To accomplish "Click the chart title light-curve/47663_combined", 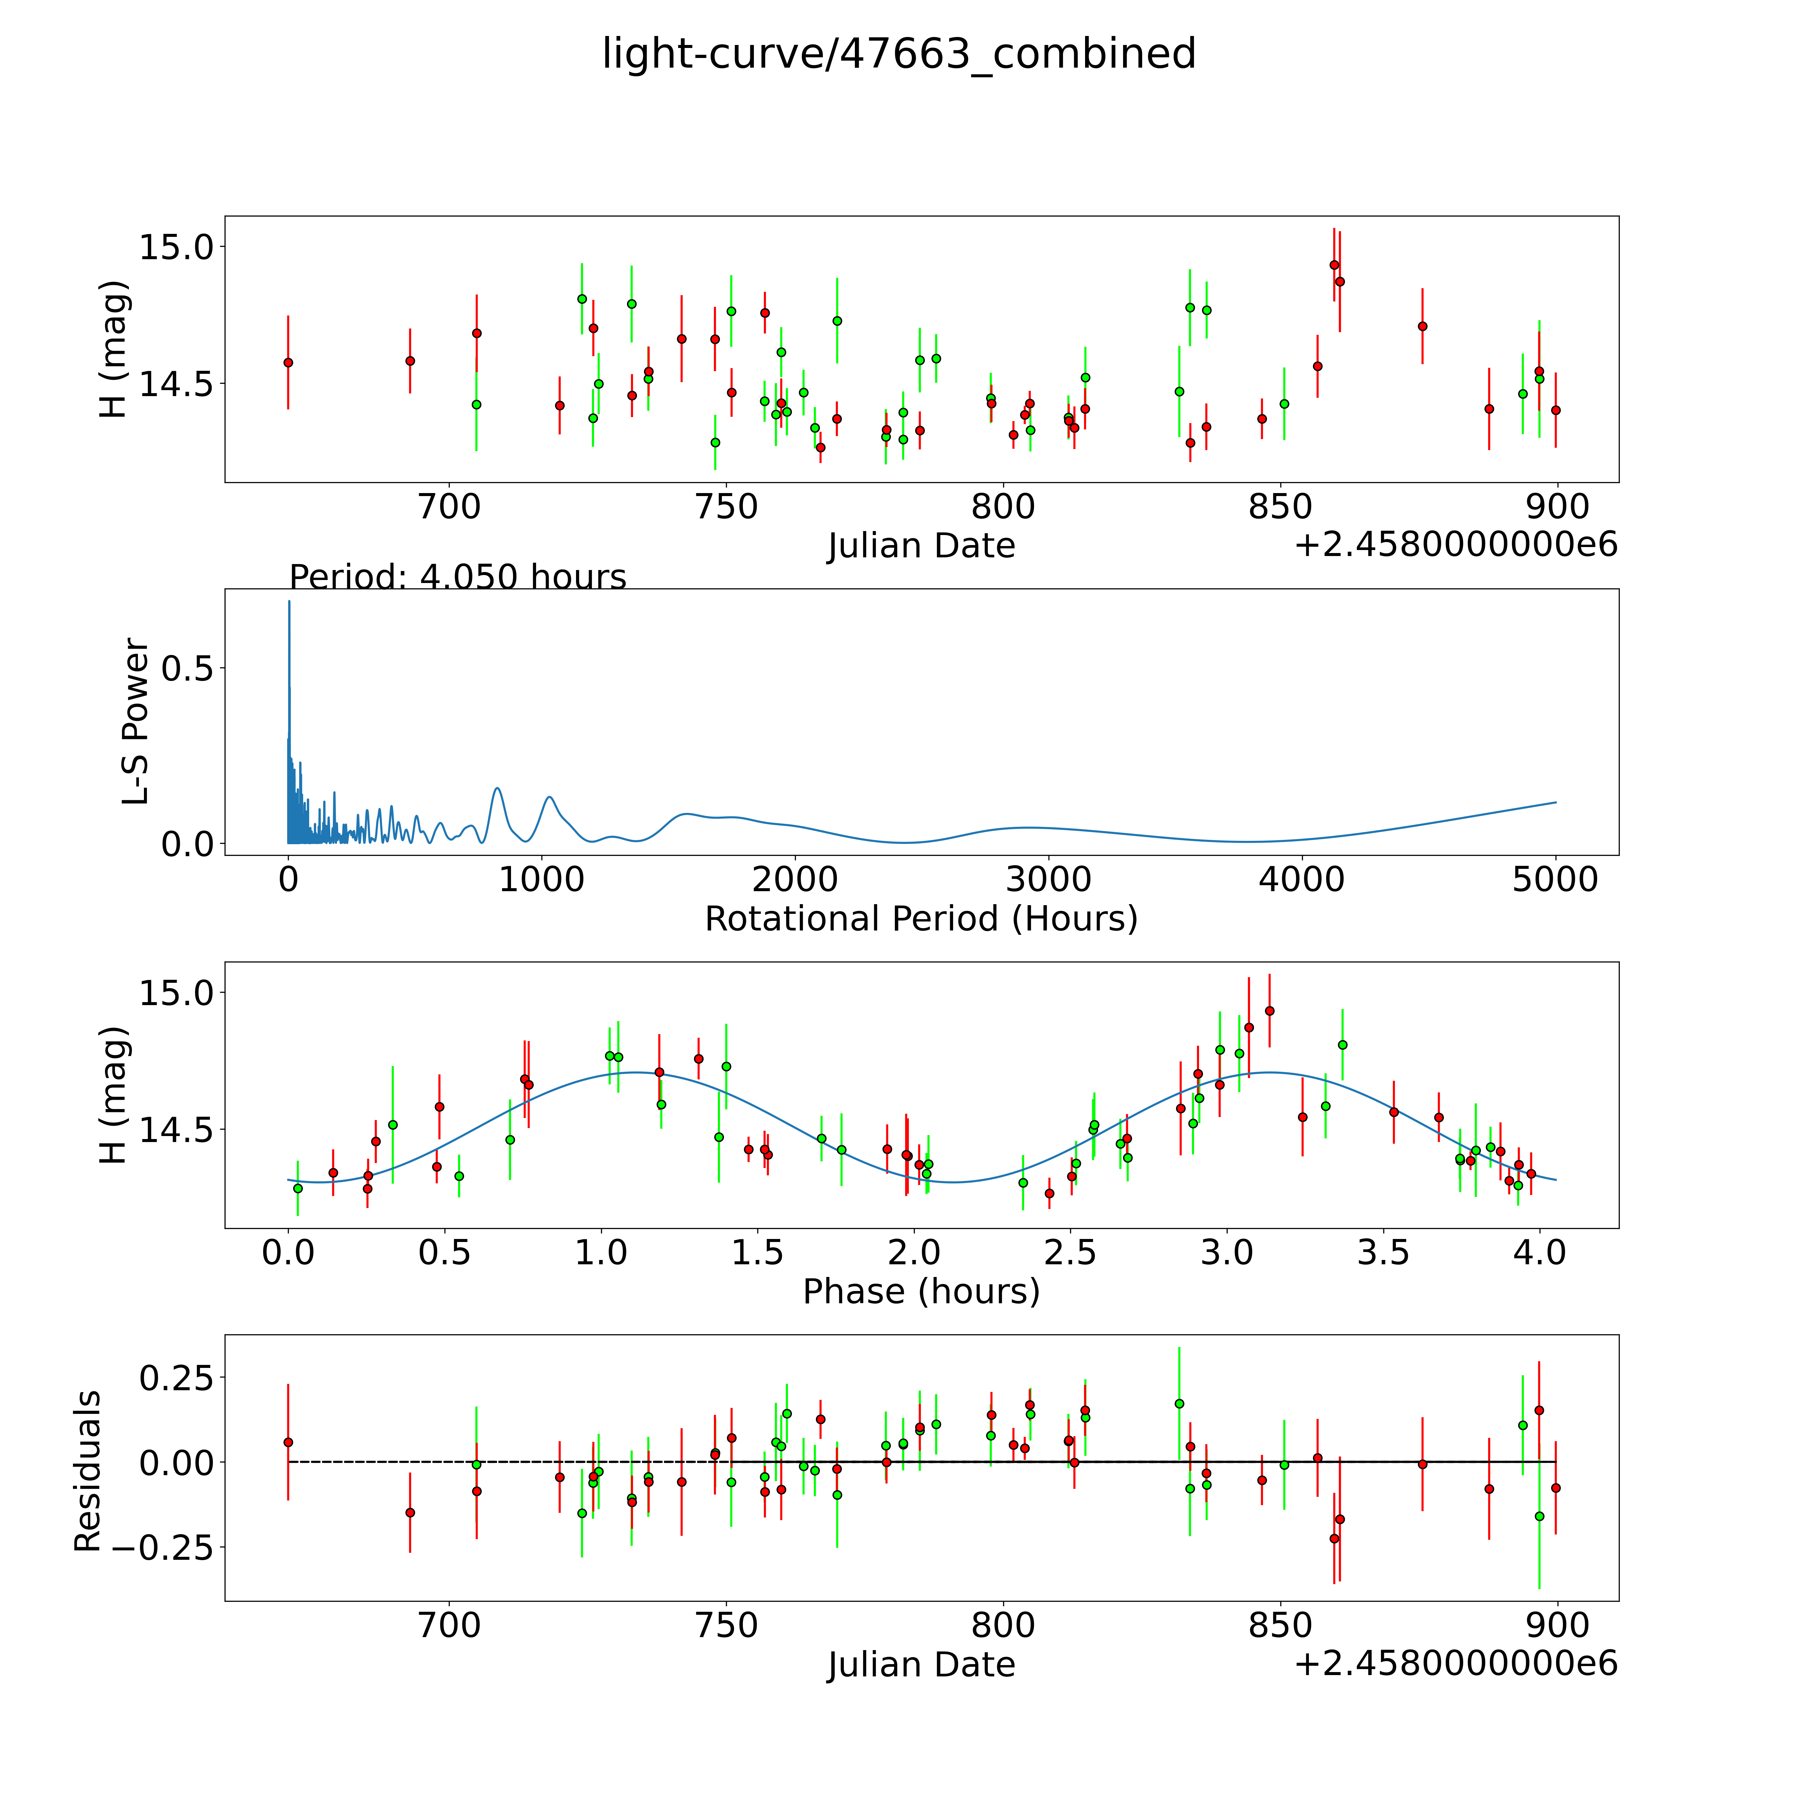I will (899, 54).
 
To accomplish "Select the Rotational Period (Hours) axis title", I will (921, 919).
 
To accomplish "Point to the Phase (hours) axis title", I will (921, 1292).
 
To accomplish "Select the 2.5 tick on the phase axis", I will (1071, 1252).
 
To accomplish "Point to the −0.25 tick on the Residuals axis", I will (175, 1548).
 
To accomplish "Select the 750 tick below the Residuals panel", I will (726, 1625).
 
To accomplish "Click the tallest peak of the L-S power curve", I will (289, 602).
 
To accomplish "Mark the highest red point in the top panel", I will (1333, 265).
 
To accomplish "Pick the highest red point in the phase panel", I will (1269, 1010).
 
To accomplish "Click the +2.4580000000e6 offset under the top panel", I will (1456, 545).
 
